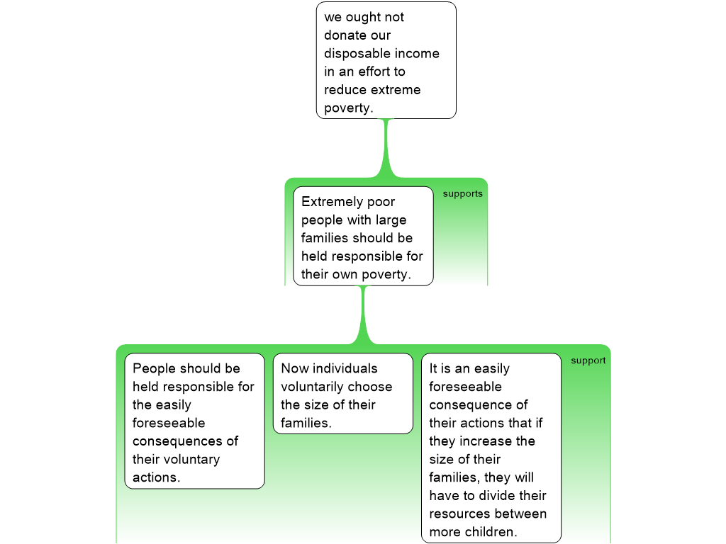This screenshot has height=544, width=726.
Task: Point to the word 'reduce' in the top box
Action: pyautogui.click(x=345, y=90)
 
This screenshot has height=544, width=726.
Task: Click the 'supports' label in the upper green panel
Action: pyautogui.click(x=462, y=194)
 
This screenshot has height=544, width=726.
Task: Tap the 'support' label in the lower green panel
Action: pyautogui.click(x=588, y=361)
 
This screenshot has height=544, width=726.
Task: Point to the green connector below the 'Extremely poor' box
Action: pyautogui.click(x=364, y=315)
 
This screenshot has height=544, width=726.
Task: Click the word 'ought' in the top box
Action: pyautogui.click(x=364, y=17)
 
